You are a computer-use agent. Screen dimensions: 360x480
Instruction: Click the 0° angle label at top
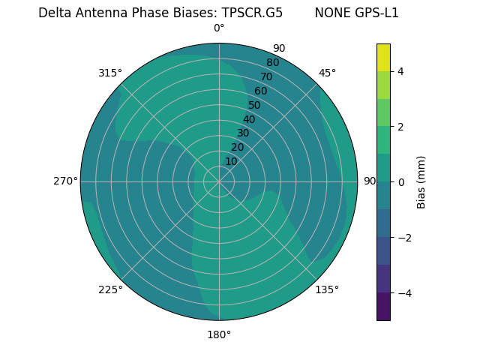219,28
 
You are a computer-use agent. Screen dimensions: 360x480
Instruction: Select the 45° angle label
327,73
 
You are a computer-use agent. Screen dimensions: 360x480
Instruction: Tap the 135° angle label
327,289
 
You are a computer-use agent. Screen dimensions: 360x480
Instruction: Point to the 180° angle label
219,334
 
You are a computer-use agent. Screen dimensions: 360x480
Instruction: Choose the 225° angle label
110,289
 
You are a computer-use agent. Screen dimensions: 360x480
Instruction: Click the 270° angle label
65,181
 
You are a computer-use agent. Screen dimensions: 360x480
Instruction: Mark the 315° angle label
110,73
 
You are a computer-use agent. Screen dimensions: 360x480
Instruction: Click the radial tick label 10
231,161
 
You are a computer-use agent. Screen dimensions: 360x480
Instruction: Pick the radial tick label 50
254,105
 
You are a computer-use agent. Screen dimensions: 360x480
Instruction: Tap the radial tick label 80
272,62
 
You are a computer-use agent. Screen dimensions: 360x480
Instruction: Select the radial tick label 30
243,133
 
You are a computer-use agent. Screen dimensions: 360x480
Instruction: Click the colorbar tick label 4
400,71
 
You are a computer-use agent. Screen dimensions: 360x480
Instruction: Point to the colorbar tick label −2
403,238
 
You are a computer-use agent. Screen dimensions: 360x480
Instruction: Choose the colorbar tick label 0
400,182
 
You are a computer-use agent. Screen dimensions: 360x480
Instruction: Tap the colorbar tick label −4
403,293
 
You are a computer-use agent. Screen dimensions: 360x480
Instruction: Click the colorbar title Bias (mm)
421,181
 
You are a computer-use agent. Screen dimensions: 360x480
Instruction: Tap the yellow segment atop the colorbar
383,58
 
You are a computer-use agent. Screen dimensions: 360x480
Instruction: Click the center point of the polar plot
219,181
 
